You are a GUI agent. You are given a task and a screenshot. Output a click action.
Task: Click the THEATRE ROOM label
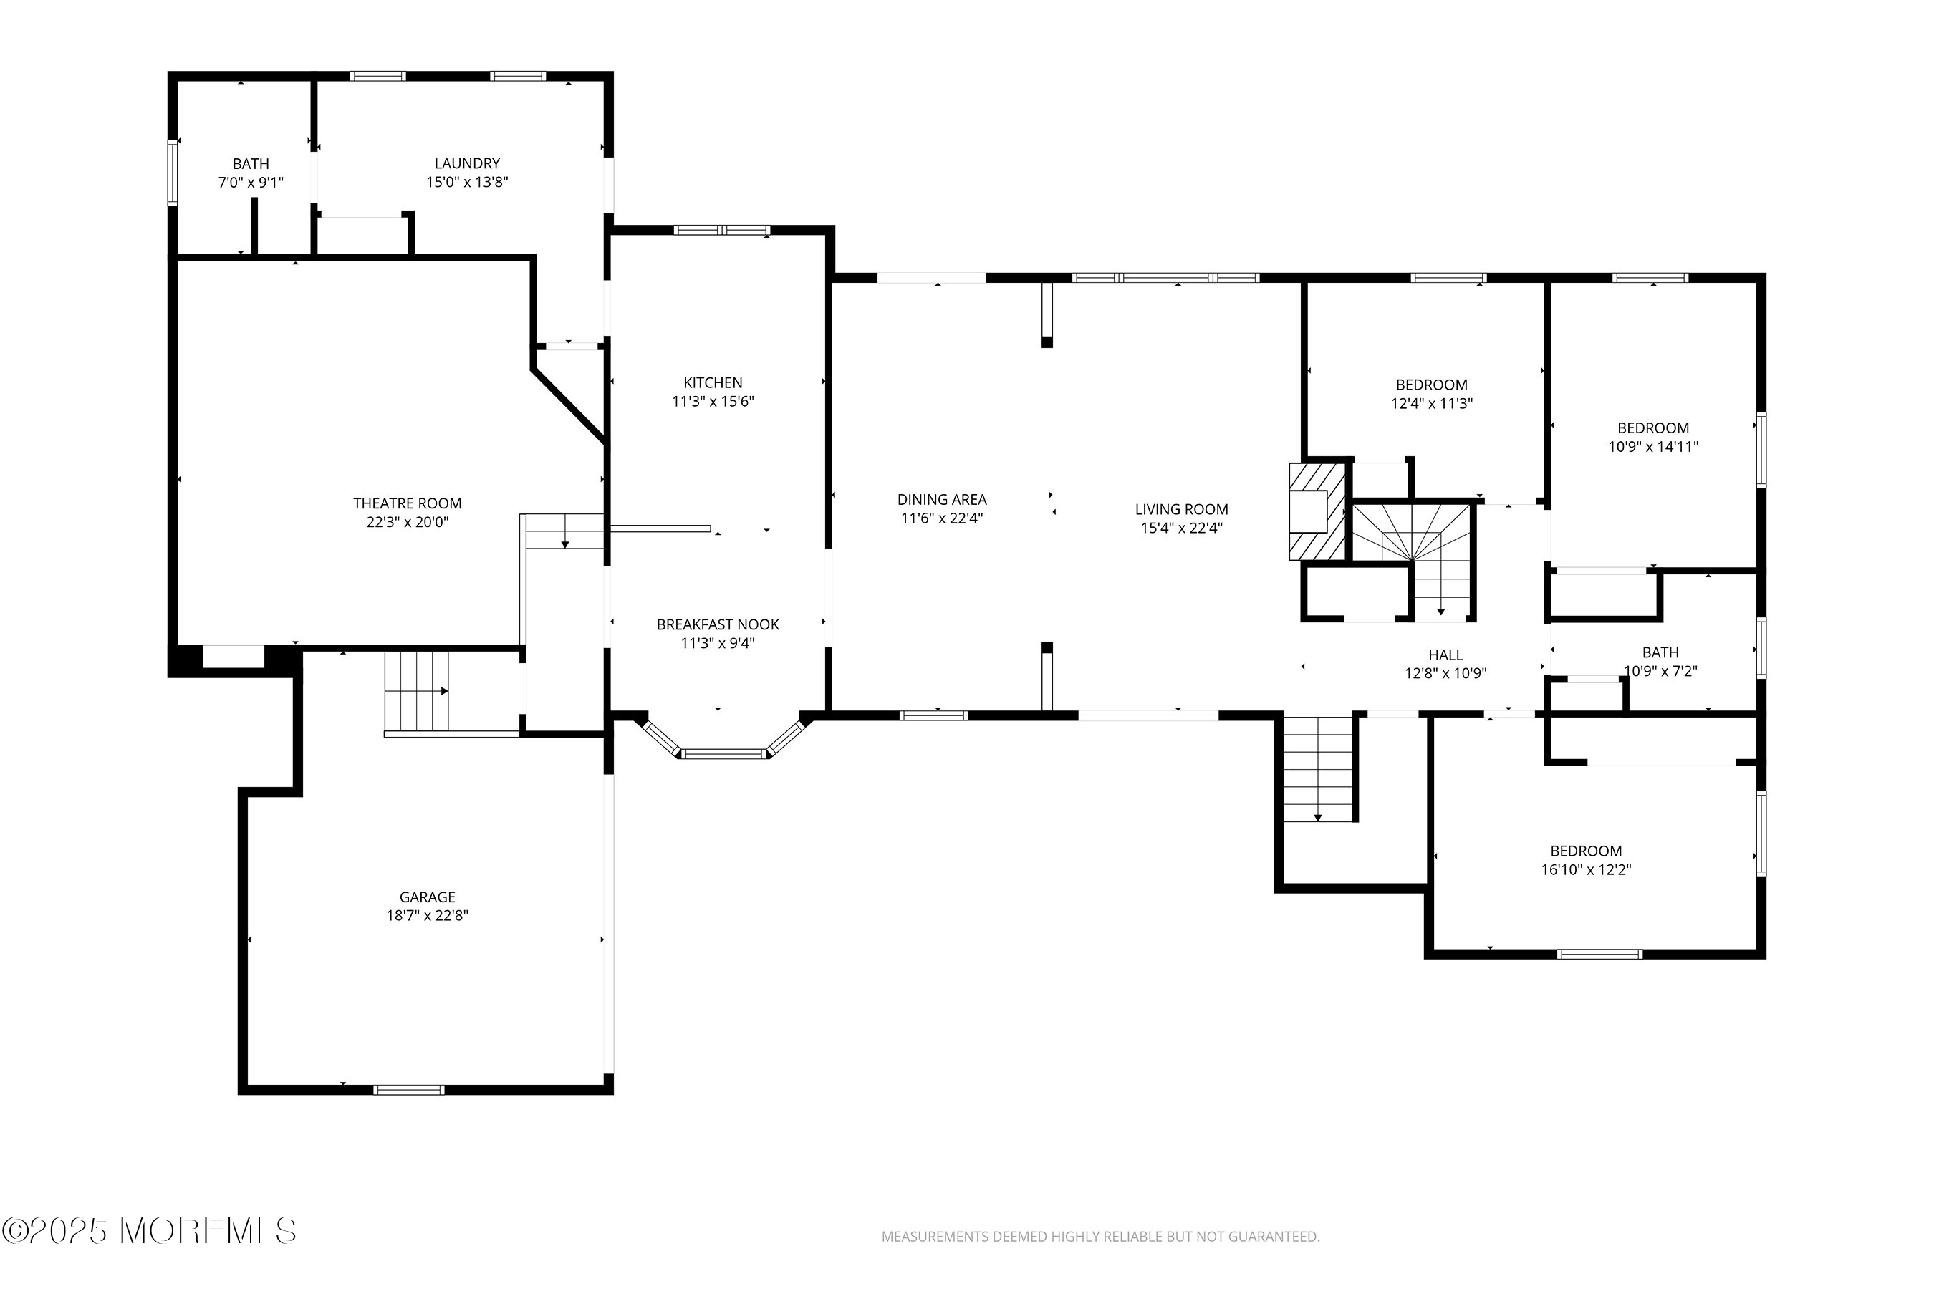point(407,503)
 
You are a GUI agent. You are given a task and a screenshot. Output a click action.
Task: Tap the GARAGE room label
point(428,897)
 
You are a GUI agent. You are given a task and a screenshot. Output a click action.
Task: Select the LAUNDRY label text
point(467,163)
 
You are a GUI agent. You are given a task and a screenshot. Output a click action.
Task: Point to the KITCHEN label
point(713,382)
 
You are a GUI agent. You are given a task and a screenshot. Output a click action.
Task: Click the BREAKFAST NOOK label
point(718,624)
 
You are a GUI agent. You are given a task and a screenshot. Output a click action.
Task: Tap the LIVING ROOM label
point(1182,510)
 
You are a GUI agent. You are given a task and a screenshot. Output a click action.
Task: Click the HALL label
point(1445,655)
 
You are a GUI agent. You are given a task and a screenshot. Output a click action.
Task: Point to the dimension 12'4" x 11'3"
point(1432,404)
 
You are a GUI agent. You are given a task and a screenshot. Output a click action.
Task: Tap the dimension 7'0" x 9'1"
point(251,183)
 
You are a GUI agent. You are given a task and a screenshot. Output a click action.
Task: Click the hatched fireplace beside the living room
point(1317,511)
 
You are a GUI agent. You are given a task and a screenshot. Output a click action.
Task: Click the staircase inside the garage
point(417,691)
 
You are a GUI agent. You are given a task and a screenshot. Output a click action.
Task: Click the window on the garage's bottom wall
point(409,1090)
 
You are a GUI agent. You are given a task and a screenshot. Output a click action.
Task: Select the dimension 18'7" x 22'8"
point(428,916)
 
